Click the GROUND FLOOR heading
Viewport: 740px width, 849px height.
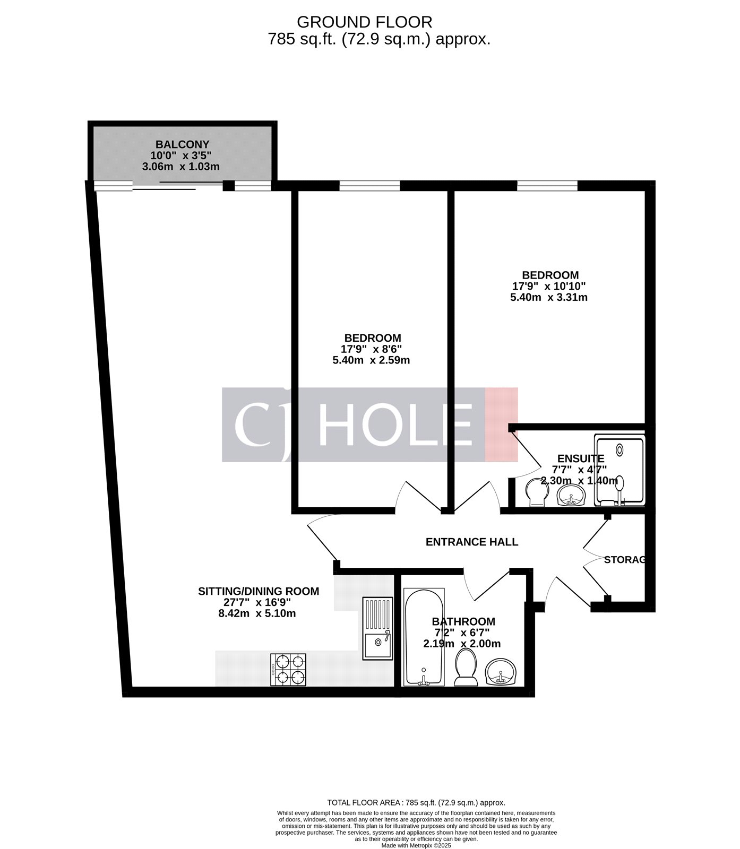tap(364, 22)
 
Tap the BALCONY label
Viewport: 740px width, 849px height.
tap(182, 144)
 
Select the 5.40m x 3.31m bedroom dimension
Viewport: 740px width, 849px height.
tap(548, 298)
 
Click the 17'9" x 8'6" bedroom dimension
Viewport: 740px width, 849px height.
tap(371, 349)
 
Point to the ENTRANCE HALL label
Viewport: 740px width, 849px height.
tap(472, 542)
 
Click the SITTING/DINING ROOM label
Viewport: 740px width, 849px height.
tap(259, 591)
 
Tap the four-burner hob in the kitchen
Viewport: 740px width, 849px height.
tap(289, 669)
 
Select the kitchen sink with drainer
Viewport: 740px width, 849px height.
tap(378, 628)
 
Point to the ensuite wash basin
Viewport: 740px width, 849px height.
tap(571, 496)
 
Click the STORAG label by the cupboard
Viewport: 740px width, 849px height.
tap(625, 560)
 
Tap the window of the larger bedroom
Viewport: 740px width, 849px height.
tap(547, 185)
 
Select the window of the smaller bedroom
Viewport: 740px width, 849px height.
tap(369, 185)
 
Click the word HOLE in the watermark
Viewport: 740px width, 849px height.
tap(395, 424)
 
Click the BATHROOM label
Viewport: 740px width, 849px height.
tap(463, 621)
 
